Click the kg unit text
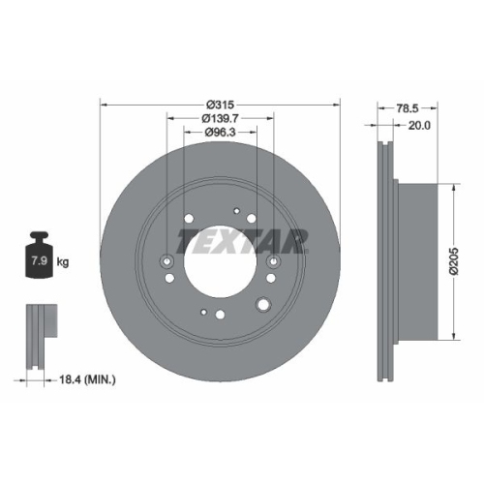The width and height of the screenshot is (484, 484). click(62, 262)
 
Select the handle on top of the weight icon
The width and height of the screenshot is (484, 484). click(41, 236)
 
